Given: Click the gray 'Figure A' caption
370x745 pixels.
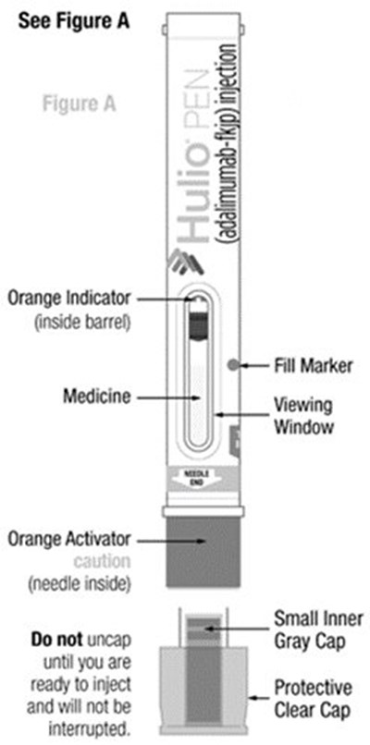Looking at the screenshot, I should pos(77,104).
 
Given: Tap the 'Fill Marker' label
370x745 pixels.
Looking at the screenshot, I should pos(297,364).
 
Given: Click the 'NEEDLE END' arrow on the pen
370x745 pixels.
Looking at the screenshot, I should pos(198,479).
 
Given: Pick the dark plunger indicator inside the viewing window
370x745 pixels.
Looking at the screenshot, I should pos(196,324).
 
